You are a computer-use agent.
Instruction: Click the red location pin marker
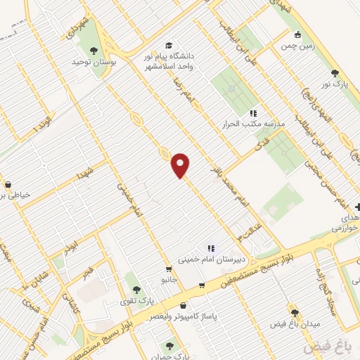pyautogui.click(x=181, y=165)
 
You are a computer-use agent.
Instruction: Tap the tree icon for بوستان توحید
pyautogui.click(x=94, y=50)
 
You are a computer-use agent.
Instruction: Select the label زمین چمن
pyautogui.click(x=297, y=46)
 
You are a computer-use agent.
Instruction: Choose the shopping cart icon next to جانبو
pyautogui.click(x=169, y=269)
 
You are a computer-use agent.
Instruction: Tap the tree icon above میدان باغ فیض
pyautogui.click(x=295, y=313)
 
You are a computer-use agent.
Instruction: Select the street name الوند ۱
pyautogui.click(x=42, y=124)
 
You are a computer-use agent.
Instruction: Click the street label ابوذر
pyautogui.click(x=70, y=246)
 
